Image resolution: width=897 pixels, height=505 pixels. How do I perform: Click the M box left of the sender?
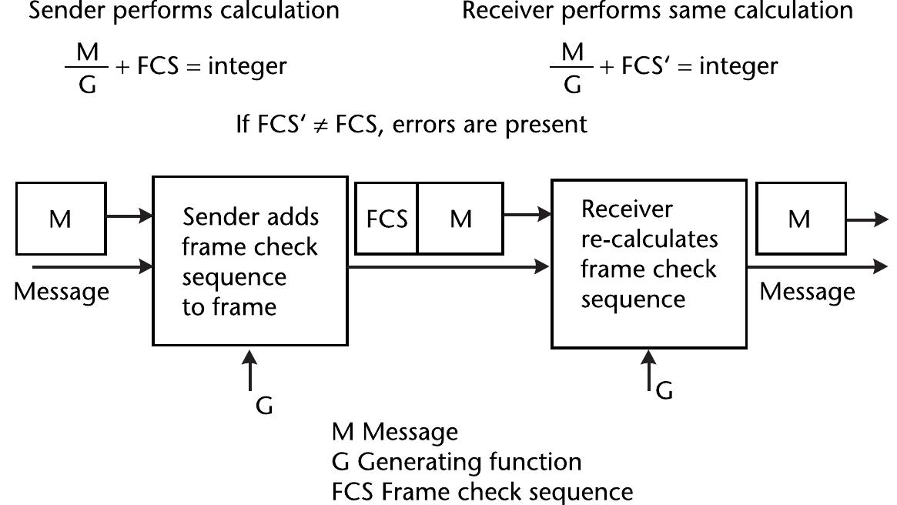pyautogui.click(x=61, y=219)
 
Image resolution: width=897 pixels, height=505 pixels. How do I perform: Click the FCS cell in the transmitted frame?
pyautogui.click(x=387, y=219)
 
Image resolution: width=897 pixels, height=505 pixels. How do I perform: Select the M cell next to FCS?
pyautogui.click(x=460, y=219)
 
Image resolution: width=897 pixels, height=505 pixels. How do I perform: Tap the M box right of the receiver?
pyautogui.click(x=800, y=219)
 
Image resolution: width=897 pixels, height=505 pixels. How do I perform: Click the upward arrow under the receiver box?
pyautogui.click(x=649, y=370)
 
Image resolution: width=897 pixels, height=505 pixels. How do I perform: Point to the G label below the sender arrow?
pyautogui.click(x=264, y=406)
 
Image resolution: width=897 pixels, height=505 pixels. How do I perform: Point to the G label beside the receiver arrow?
pyautogui.click(x=664, y=391)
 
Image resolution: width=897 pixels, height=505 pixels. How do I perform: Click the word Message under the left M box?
pyautogui.click(x=62, y=293)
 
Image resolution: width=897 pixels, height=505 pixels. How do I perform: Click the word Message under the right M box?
pyautogui.click(x=807, y=292)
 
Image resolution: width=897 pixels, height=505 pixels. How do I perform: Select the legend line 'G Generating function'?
pyautogui.click(x=457, y=462)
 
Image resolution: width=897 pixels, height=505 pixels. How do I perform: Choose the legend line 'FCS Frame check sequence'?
pyautogui.click(x=482, y=491)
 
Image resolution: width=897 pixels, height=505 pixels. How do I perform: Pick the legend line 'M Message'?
pyautogui.click(x=394, y=432)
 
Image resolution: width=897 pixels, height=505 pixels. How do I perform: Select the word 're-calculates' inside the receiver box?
pyautogui.click(x=649, y=239)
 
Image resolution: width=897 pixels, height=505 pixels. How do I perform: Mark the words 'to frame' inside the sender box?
pyautogui.click(x=229, y=307)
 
